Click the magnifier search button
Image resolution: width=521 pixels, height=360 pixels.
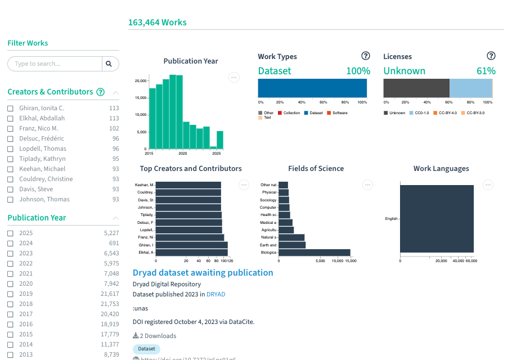click(110, 64)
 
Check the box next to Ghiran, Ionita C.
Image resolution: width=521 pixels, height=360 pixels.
click(10, 108)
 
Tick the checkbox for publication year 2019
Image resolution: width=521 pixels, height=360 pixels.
click(10, 294)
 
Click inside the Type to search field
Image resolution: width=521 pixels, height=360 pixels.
click(55, 64)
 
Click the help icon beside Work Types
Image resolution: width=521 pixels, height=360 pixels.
click(366, 56)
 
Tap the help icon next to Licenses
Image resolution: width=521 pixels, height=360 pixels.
click(491, 56)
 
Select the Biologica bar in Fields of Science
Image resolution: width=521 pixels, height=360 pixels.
click(315, 253)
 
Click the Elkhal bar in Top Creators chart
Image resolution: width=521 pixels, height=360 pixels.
click(191, 253)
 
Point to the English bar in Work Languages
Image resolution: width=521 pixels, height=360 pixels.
click(437, 218)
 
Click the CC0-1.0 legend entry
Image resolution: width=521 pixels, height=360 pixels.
click(421, 113)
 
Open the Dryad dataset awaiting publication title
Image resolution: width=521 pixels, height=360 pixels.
click(203, 273)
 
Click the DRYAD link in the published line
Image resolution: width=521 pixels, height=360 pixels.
click(215, 294)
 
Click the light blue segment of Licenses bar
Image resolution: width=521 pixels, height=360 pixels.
click(470, 88)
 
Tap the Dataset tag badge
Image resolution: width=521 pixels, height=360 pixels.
click(146, 349)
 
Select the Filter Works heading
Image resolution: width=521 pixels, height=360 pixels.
click(28, 43)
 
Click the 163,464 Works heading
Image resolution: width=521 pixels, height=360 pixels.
click(157, 22)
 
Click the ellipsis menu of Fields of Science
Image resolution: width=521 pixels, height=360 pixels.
click(367, 184)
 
